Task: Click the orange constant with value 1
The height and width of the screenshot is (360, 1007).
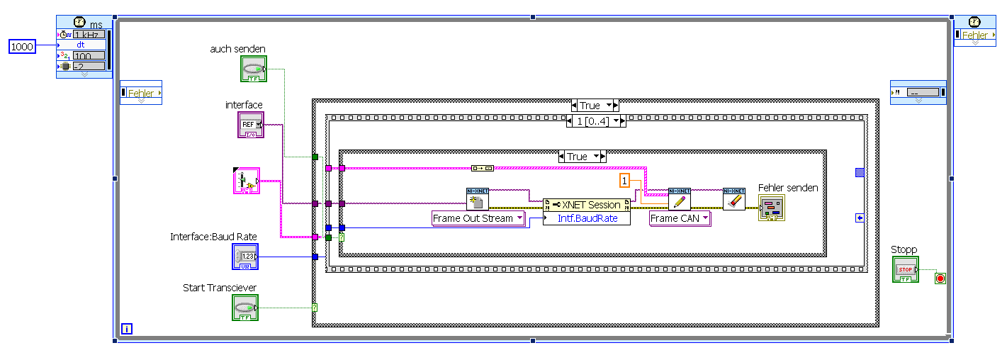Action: [x=624, y=181]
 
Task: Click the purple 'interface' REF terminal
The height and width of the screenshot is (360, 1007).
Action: [x=250, y=125]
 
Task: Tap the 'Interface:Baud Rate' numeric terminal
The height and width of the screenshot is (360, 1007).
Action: [x=245, y=257]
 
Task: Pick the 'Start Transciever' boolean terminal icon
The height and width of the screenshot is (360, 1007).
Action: [x=245, y=308]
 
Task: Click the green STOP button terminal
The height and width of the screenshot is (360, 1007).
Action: [x=905, y=270]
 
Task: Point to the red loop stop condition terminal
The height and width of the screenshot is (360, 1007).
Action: [x=940, y=279]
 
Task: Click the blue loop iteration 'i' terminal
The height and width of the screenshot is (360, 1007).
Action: [x=127, y=329]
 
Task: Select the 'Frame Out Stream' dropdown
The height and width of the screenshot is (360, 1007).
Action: [x=478, y=218]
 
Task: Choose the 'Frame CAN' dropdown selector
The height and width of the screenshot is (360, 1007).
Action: [x=680, y=218]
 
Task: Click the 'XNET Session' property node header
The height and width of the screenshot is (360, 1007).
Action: [x=586, y=205]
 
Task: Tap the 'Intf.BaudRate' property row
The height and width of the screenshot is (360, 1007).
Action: [x=586, y=218]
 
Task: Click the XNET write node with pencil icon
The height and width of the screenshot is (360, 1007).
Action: [x=679, y=199]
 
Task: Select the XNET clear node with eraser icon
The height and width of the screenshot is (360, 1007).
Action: [x=733, y=199]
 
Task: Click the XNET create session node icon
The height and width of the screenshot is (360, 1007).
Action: [x=477, y=199]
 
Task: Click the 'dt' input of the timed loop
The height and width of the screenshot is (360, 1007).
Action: [x=81, y=45]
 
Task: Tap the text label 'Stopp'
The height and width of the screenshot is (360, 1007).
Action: [x=904, y=249]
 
